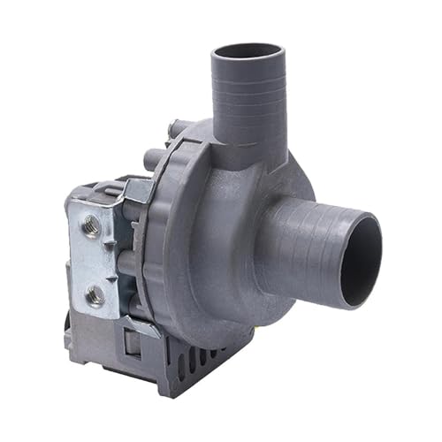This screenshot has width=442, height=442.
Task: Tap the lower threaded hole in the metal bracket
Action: click(94, 295)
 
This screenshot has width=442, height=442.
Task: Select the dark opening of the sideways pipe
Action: click(360, 262)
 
